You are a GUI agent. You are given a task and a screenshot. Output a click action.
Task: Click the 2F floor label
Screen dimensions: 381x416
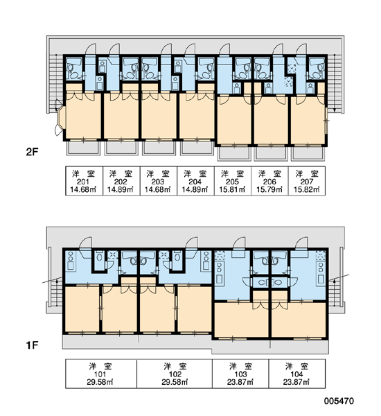click(x=32, y=152)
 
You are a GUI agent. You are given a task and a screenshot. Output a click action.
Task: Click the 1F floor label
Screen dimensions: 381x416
click(x=32, y=345)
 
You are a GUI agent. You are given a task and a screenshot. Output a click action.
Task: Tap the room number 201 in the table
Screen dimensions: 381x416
click(x=83, y=182)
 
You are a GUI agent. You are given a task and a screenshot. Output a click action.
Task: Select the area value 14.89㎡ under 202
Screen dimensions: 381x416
click(x=121, y=190)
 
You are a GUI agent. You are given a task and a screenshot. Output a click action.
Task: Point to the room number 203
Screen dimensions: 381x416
click(x=158, y=182)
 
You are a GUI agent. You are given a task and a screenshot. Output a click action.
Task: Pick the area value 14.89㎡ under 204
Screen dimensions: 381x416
click(x=195, y=190)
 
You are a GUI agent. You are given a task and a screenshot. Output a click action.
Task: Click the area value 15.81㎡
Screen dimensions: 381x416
click(x=232, y=190)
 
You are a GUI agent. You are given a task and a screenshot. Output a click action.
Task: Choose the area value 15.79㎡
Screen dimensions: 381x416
click(x=269, y=190)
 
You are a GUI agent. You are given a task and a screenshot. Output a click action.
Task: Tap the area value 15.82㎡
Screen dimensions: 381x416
click(x=307, y=190)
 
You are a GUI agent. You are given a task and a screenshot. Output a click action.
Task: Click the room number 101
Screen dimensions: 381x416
click(x=100, y=374)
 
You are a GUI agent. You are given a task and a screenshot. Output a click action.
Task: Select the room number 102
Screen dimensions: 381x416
click(x=175, y=374)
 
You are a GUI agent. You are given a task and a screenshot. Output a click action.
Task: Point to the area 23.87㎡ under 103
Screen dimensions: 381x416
click(x=240, y=382)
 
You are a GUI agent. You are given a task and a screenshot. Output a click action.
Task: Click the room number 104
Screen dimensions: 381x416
click(x=296, y=374)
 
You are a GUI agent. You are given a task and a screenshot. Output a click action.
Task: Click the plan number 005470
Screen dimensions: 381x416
click(x=339, y=401)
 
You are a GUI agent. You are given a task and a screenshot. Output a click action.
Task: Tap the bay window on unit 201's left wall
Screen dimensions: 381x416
click(x=60, y=118)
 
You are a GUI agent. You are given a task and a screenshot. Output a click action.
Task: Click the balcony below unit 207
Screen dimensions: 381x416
click(x=308, y=154)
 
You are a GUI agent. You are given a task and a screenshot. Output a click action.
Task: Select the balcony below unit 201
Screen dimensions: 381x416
click(x=83, y=148)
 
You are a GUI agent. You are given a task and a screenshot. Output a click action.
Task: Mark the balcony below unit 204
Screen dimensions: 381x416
click(x=197, y=148)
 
